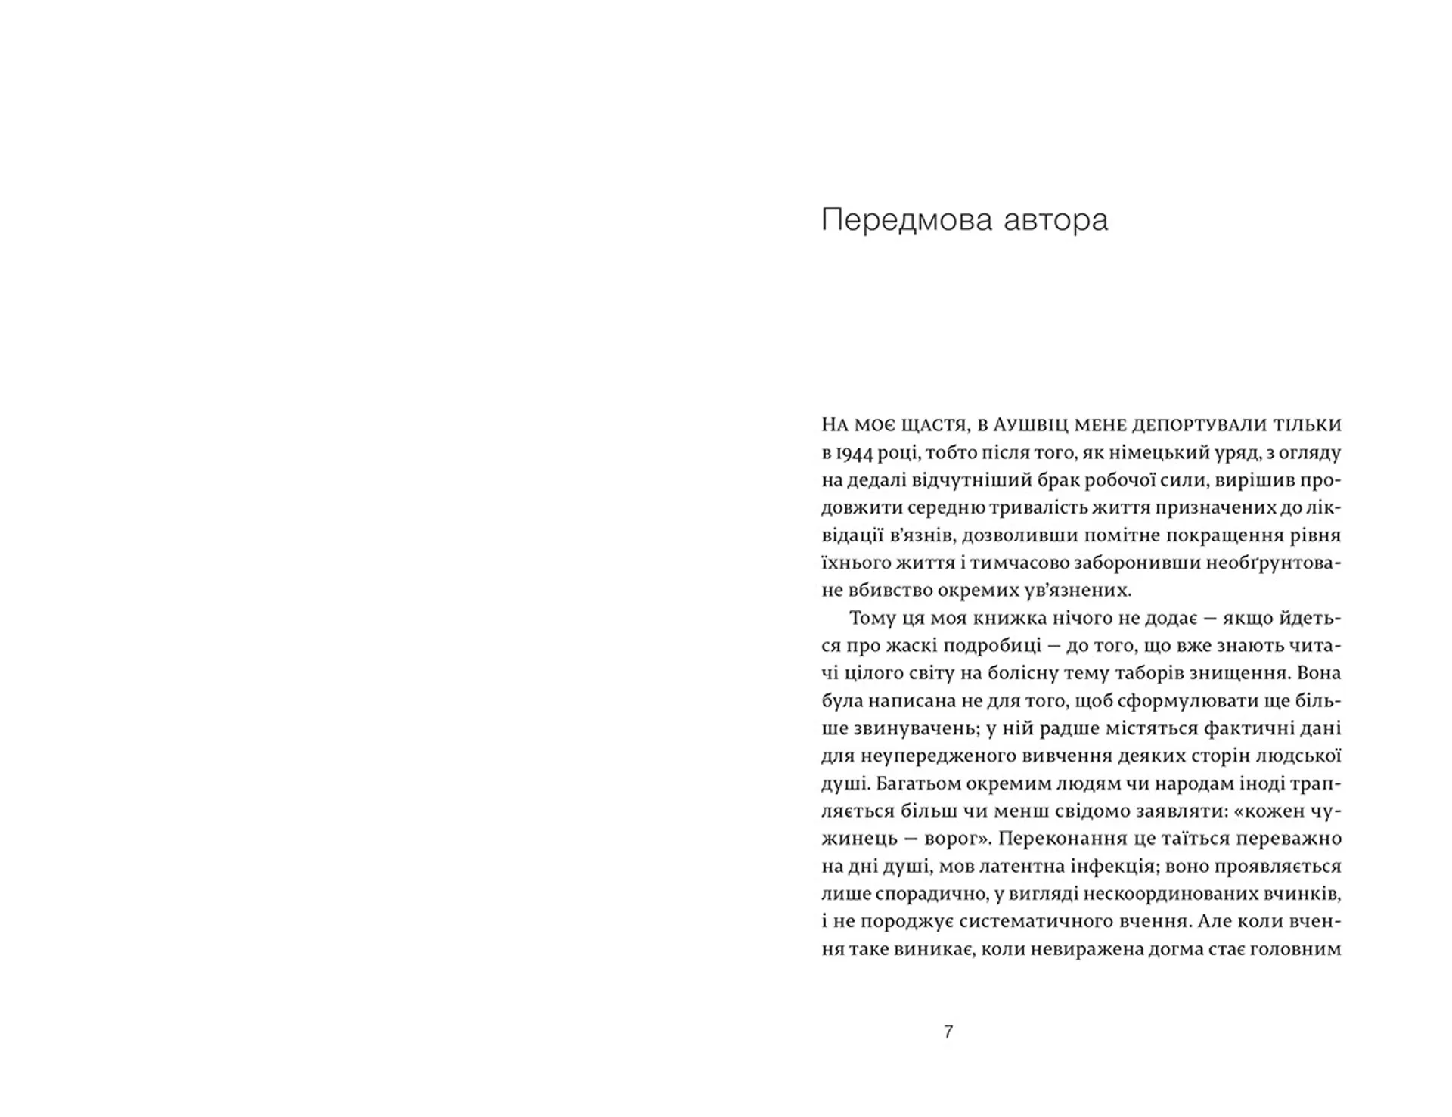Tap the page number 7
click(948, 1032)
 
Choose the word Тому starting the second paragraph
click(874, 619)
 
